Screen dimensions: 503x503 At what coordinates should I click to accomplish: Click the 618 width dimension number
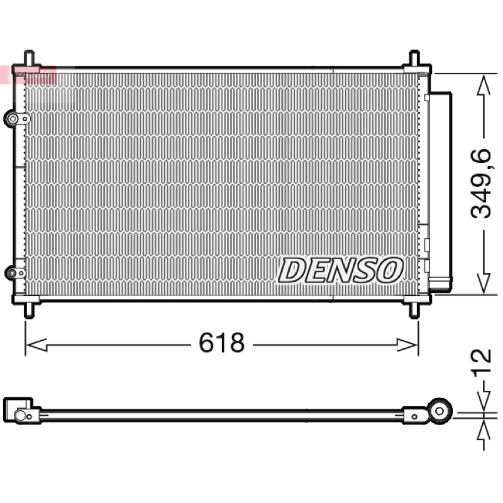coord(222,342)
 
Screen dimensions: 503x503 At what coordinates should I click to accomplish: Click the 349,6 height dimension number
coord(481,184)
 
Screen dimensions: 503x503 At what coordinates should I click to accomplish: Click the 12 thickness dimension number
coord(481,360)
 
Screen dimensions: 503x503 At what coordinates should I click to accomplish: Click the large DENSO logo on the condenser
coord(340,270)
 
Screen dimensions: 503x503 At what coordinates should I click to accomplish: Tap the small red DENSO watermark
coord(28,75)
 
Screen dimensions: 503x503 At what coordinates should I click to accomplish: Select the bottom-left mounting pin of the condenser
coord(29,310)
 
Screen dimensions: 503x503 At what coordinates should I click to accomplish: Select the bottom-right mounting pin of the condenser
coord(414,310)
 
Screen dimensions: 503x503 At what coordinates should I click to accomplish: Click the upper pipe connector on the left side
coord(17,119)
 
